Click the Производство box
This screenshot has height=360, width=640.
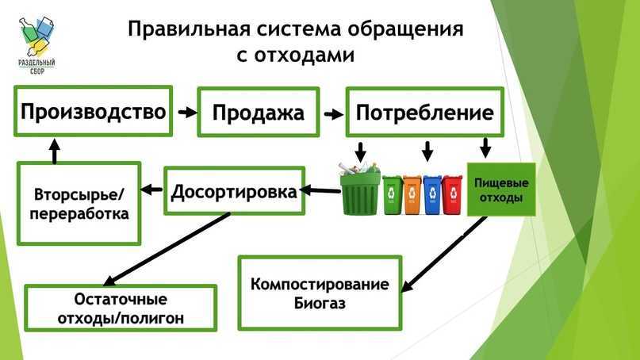tap(93, 111)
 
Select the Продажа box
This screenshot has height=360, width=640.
tap(258, 112)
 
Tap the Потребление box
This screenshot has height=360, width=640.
tap(424, 112)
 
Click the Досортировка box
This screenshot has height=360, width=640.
tap(235, 191)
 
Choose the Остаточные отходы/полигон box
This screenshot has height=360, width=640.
tap(120, 308)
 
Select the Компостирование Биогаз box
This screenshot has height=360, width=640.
tap(320, 293)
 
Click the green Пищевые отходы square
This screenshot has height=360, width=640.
tap(500, 190)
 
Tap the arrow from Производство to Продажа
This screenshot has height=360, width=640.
tap(186, 113)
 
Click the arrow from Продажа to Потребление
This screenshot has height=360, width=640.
tap(334, 113)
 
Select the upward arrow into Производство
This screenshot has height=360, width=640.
tap(53, 150)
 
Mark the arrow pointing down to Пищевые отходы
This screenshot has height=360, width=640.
tap(486, 148)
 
